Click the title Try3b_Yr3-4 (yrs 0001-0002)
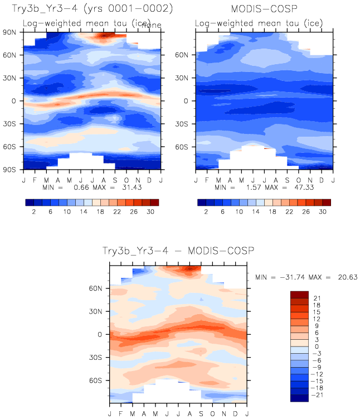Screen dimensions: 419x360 tap(91, 9)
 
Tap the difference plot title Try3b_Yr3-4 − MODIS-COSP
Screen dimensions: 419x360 tap(178, 252)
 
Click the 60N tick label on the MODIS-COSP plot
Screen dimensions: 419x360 tap(185, 55)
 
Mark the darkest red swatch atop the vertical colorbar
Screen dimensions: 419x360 tap(300, 294)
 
